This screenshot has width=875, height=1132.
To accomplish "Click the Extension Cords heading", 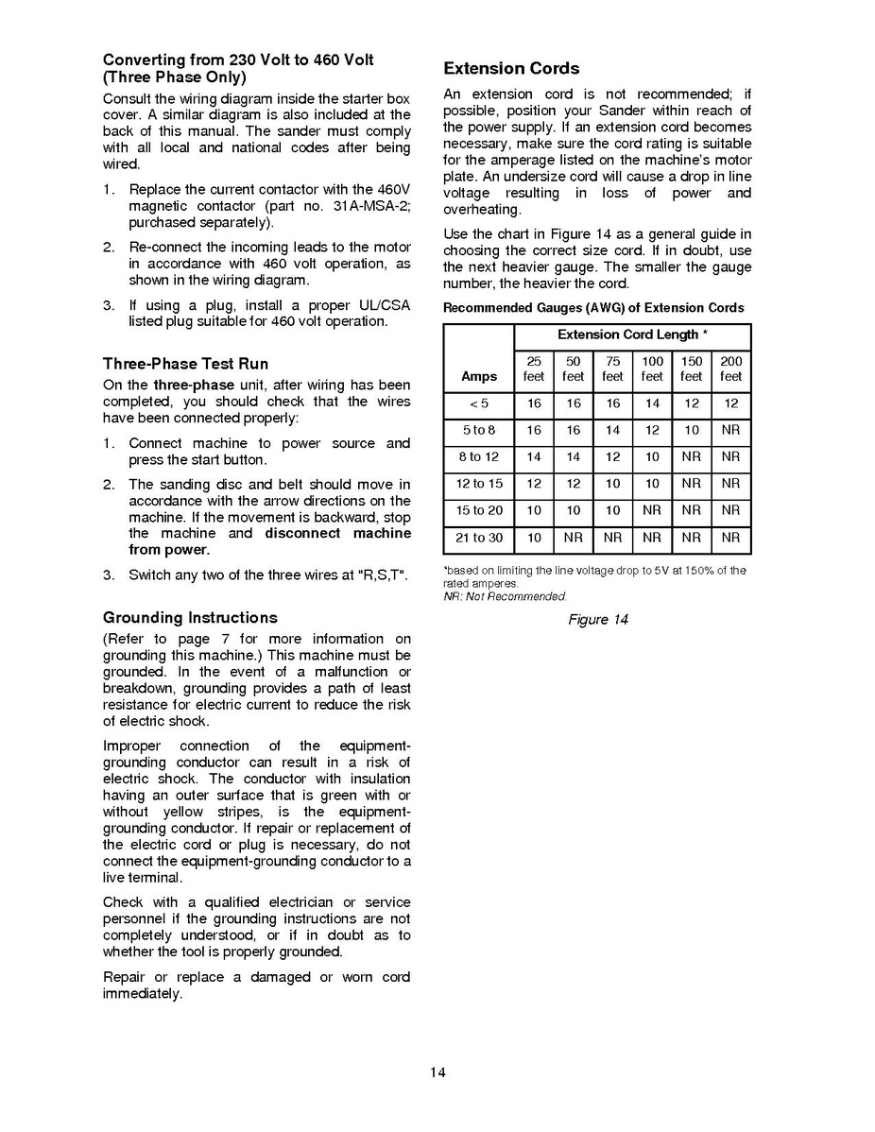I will coord(511,69).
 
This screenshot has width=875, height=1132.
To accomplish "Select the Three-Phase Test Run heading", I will coord(185,364).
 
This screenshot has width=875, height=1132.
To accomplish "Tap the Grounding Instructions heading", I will coord(190,618).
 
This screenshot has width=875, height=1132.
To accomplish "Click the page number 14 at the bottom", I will coord(437,1072).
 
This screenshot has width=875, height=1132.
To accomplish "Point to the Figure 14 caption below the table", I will coord(597,620).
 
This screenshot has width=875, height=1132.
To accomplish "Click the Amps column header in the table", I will coord(479,376).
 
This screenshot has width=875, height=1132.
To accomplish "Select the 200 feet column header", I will coord(730,369).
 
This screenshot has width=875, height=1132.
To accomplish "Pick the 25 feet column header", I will coord(534,369).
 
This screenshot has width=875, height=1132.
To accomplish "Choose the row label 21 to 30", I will coord(479,539).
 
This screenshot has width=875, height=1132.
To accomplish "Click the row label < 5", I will coord(479,403).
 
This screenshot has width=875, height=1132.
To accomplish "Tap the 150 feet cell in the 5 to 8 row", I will coord(692,431).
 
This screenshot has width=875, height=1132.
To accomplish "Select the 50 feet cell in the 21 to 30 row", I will coord(574,539).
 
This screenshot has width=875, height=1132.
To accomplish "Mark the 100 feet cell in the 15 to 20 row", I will coord(652,511).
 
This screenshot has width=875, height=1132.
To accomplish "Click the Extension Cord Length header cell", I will coord(632,335).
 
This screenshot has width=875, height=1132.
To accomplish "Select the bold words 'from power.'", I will coord(169,550).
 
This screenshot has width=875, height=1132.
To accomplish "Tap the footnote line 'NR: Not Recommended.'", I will coord(505,597).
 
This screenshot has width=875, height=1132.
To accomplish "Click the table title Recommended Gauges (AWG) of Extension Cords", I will coord(593,308).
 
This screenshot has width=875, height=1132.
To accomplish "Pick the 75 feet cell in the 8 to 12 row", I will coord(612,457).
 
